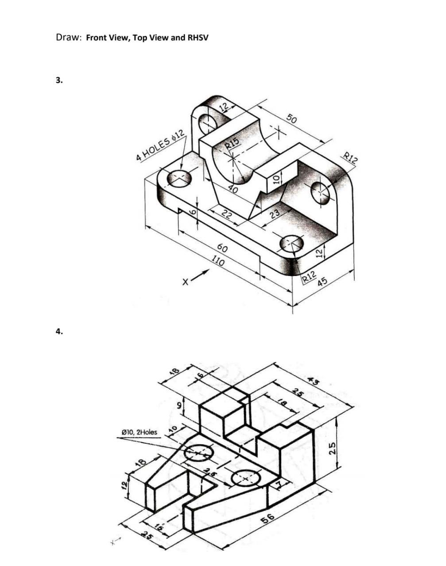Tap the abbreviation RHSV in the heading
(x=198, y=38)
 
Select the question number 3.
(x=59, y=80)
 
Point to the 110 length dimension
(x=217, y=261)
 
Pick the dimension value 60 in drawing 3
(x=223, y=249)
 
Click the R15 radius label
(x=232, y=142)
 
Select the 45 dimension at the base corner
(x=322, y=281)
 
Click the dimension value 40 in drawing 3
(x=233, y=190)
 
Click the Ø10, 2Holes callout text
(x=139, y=432)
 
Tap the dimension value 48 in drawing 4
(x=175, y=371)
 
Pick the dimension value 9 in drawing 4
(x=179, y=405)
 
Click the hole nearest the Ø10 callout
(x=199, y=453)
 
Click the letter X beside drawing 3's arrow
(x=186, y=280)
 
